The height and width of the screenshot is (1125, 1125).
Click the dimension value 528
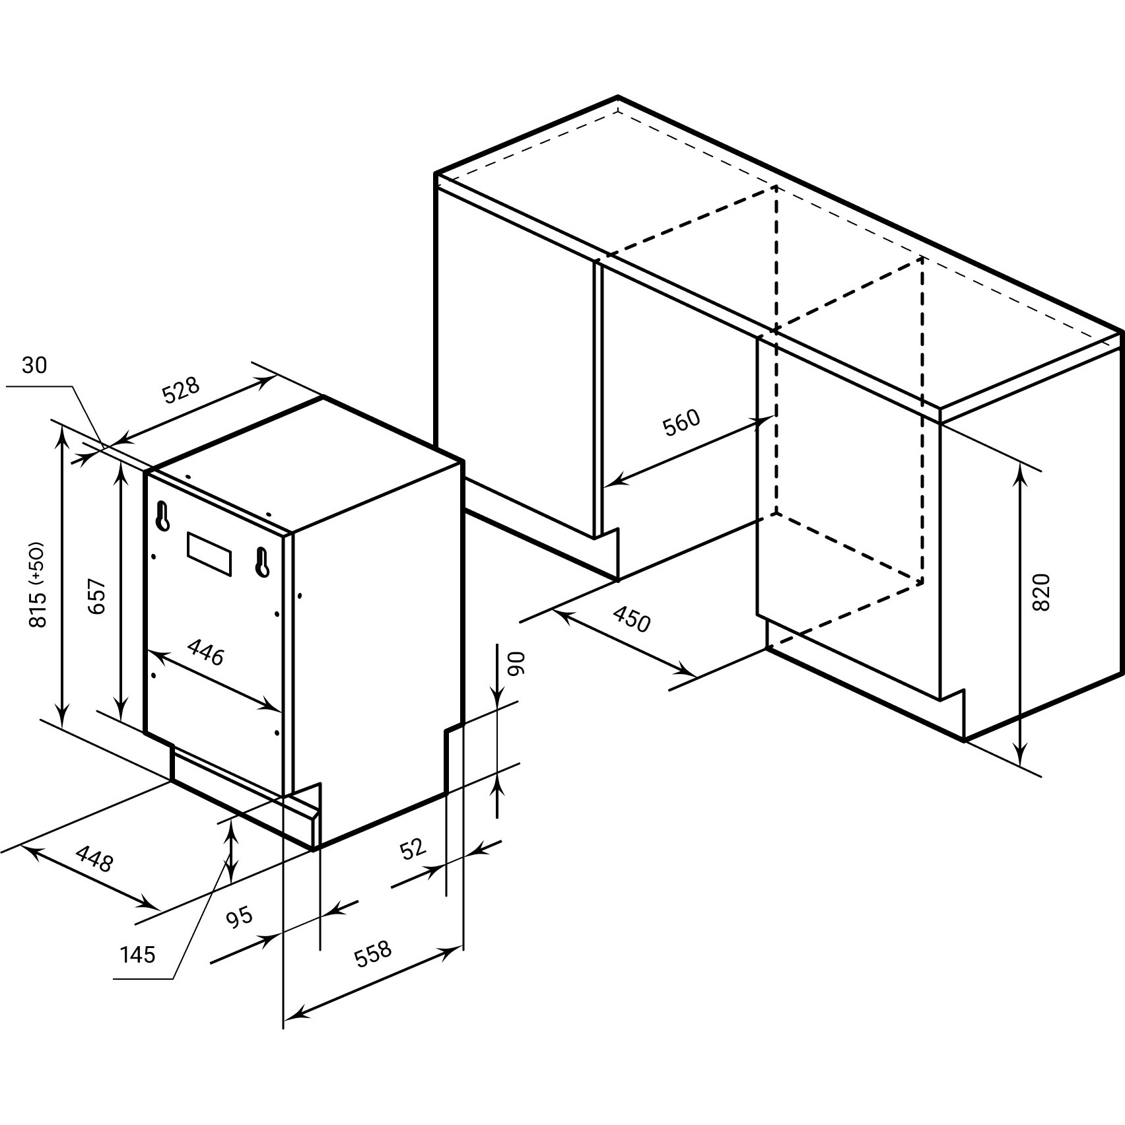[181, 391]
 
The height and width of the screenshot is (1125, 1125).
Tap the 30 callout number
[34, 365]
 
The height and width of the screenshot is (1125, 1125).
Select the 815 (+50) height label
[38, 585]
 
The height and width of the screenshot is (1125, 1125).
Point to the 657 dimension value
[97, 597]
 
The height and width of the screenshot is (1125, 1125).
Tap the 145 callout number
[138, 955]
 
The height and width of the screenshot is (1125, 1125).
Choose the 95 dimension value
[240, 917]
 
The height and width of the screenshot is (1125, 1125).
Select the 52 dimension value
[414, 848]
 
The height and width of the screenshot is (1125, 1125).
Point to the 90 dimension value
[517, 663]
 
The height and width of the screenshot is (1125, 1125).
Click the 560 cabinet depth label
[681, 423]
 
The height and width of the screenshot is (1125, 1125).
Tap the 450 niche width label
[632, 619]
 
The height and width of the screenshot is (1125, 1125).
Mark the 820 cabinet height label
[1040, 592]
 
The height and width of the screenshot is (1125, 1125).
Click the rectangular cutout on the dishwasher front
[210, 554]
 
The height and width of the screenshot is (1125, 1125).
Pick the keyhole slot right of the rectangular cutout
[262, 562]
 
